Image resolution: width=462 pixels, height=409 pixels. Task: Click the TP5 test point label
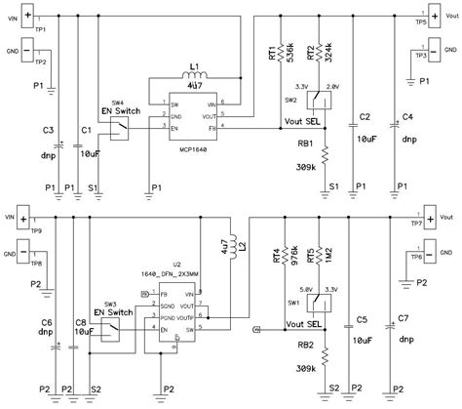[x=421, y=21]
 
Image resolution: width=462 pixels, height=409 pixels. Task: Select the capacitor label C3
[x=48, y=130]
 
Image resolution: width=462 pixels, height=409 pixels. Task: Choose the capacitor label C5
[x=361, y=319]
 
